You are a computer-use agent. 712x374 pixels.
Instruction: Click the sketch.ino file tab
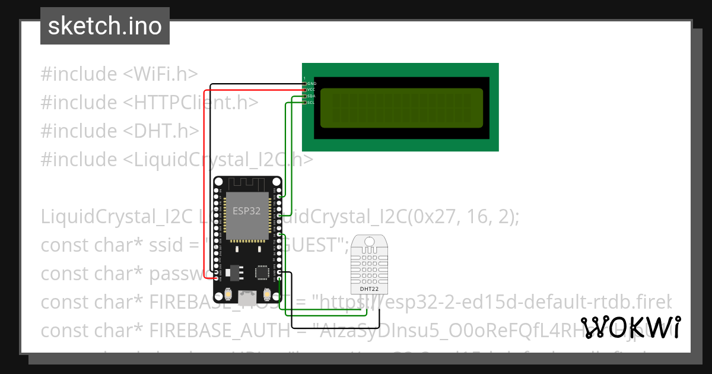click(104, 26)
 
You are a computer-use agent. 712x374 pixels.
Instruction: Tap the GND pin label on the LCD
click(311, 84)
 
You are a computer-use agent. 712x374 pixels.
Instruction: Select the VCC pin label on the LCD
click(311, 90)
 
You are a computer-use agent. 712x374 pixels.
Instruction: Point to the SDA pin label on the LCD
click(311, 96)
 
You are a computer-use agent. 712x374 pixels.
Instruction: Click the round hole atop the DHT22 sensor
click(370, 242)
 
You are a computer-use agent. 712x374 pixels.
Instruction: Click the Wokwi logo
click(630, 328)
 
